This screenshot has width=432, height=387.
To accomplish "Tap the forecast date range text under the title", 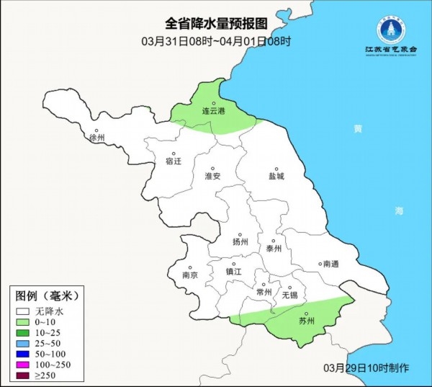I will (216, 42).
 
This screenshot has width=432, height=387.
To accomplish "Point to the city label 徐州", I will (96, 137).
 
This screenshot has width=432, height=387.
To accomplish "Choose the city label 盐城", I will (276, 175).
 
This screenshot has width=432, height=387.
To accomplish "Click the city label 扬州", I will (240, 242).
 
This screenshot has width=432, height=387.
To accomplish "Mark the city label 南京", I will (190, 275).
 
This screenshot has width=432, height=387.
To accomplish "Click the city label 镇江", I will (235, 272).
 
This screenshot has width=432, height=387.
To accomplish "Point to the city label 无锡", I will (289, 295).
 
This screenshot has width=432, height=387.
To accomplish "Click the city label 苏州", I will (307, 321).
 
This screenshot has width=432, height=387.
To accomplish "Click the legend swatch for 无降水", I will (22, 311).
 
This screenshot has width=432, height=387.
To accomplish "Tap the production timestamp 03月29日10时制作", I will (371, 368).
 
